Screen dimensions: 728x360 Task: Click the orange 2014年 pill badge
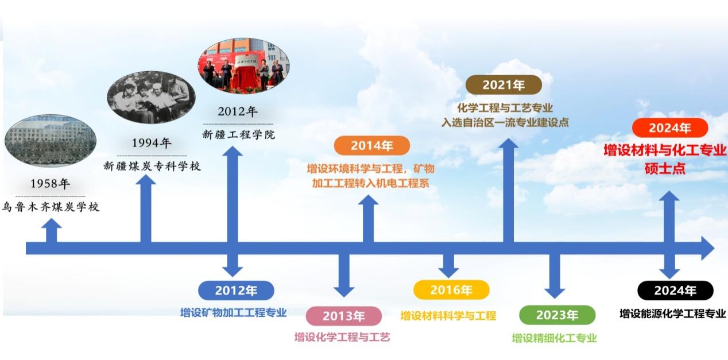pyautogui.click(x=372, y=146)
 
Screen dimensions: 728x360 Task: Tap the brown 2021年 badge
pyautogui.click(x=504, y=85)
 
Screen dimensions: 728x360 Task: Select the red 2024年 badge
pyautogui.click(x=670, y=128)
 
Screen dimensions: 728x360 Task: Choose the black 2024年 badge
pyautogui.click(x=675, y=291)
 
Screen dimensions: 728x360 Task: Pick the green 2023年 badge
pyautogui.click(x=557, y=315)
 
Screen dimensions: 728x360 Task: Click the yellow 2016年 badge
pyautogui.click(x=451, y=290)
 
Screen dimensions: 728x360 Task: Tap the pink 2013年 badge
pyautogui.click(x=344, y=316)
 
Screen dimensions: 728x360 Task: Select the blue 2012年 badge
pyautogui.click(x=237, y=291)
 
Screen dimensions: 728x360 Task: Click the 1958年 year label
pyautogui.click(x=51, y=184)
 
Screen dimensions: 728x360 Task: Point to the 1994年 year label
pyautogui.click(x=152, y=143)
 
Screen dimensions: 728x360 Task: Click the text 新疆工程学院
pyautogui.click(x=238, y=134)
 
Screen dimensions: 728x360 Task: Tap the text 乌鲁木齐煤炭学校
pyautogui.click(x=51, y=207)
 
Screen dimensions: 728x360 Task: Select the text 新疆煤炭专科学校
pyautogui.click(x=152, y=166)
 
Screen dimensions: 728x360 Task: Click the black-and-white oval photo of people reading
pyautogui.click(x=152, y=98)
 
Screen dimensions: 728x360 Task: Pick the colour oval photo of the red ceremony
pyautogui.click(x=244, y=66)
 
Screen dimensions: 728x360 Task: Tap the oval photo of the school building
pyautogui.click(x=51, y=141)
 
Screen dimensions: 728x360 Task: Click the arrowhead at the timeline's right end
pyautogui.click(x=708, y=248)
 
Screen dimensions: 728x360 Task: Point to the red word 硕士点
pyautogui.click(x=665, y=169)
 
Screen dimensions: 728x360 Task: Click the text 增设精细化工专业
pyautogui.click(x=555, y=338)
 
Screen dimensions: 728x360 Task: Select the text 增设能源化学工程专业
pyautogui.click(x=673, y=313)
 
